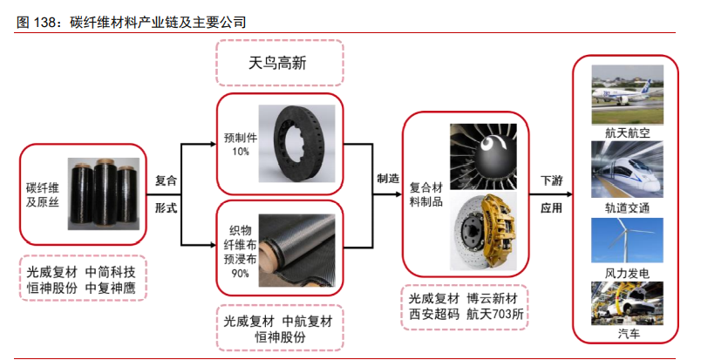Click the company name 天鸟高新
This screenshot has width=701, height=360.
click(x=277, y=63)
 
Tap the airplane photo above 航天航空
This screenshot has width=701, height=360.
click(x=627, y=95)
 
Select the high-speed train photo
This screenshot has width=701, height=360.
click(x=627, y=169)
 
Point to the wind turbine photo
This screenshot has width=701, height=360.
click(x=627, y=241)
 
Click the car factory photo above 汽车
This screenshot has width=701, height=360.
click(x=627, y=302)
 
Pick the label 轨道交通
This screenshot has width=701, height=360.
click(x=627, y=208)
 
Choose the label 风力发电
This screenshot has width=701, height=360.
click(x=627, y=273)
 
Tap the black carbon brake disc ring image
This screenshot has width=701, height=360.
click(x=296, y=144)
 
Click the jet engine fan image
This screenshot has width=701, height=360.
click(x=483, y=157)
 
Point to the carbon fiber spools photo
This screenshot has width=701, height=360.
click(x=103, y=194)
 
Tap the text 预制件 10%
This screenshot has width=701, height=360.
click(x=241, y=145)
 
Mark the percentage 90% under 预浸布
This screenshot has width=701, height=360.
click(x=240, y=272)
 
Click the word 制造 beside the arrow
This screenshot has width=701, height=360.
click(x=388, y=179)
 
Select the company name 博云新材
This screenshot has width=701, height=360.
click(x=492, y=298)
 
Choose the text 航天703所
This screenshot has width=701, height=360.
click(x=495, y=315)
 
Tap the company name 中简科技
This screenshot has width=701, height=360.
click(x=111, y=272)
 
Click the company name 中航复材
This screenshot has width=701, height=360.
click(x=308, y=321)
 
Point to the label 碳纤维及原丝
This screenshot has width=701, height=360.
click(x=43, y=195)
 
